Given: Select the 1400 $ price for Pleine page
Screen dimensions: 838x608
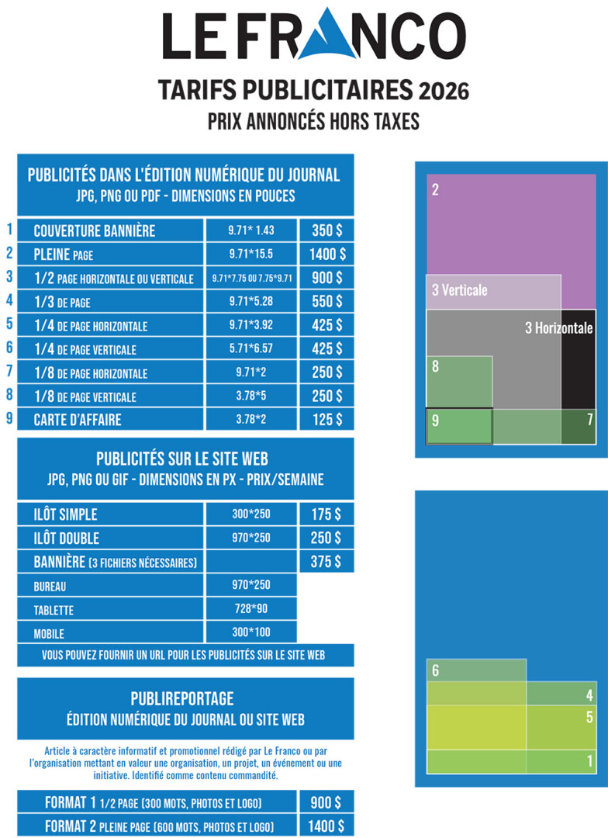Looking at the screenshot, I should pyautogui.click(x=326, y=254).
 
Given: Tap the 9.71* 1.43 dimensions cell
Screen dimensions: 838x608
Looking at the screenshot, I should pyautogui.click(x=251, y=230).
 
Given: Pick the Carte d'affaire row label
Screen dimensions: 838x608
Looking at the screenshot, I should pyautogui.click(x=78, y=420).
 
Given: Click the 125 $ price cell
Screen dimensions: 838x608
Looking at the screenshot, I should pyautogui.click(x=326, y=420).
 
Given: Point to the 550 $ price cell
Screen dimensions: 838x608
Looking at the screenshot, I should pyautogui.click(x=326, y=301).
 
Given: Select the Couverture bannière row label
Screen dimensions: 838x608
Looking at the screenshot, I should pyautogui.click(x=95, y=231).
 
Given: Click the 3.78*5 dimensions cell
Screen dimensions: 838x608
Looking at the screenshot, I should pyautogui.click(x=251, y=396).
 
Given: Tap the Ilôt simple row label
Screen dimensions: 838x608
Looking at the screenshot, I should pyautogui.click(x=66, y=514).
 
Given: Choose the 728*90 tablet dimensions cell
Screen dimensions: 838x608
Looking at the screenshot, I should pyautogui.click(x=251, y=608).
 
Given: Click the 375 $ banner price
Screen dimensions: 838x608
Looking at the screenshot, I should pyautogui.click(x=326, y=562).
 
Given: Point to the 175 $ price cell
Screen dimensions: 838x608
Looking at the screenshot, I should pyautogui.click(x=326, y=514).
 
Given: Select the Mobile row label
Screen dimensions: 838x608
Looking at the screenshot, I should pyautogui.click(x=49, y=633).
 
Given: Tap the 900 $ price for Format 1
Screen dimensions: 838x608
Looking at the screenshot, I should pyautogui.click(x=326, y=802).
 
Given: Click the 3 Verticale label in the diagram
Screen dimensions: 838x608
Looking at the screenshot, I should pyautogui.click(x=460, y=290).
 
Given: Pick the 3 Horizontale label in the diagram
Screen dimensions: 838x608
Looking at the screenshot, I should pyautogui.click(x=558, y=328).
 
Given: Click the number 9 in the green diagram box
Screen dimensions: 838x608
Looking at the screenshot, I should pyautogui.click(x=436, y=421).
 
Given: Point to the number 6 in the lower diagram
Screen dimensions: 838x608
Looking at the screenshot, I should pyautogui.click(x=436, y=670).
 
